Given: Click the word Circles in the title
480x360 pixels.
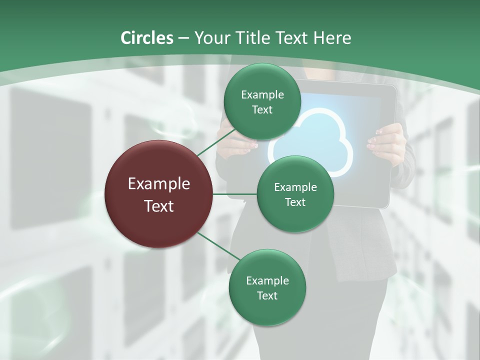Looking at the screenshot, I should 146,38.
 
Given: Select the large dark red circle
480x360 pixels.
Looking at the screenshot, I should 159,194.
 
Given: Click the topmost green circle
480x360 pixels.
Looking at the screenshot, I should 262,101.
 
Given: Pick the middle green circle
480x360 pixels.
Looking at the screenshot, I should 295,194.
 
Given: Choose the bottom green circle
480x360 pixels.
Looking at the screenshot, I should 267,287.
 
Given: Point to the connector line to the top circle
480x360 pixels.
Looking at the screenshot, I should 216,142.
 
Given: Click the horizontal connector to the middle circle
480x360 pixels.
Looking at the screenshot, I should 235,194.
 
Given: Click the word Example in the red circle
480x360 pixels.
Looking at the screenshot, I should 159,184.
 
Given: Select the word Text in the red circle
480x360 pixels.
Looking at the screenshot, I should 159,206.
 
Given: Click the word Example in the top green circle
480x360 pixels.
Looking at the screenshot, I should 262,94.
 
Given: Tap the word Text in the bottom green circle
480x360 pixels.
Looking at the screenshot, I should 267,295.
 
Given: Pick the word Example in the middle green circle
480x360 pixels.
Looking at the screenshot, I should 295,187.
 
